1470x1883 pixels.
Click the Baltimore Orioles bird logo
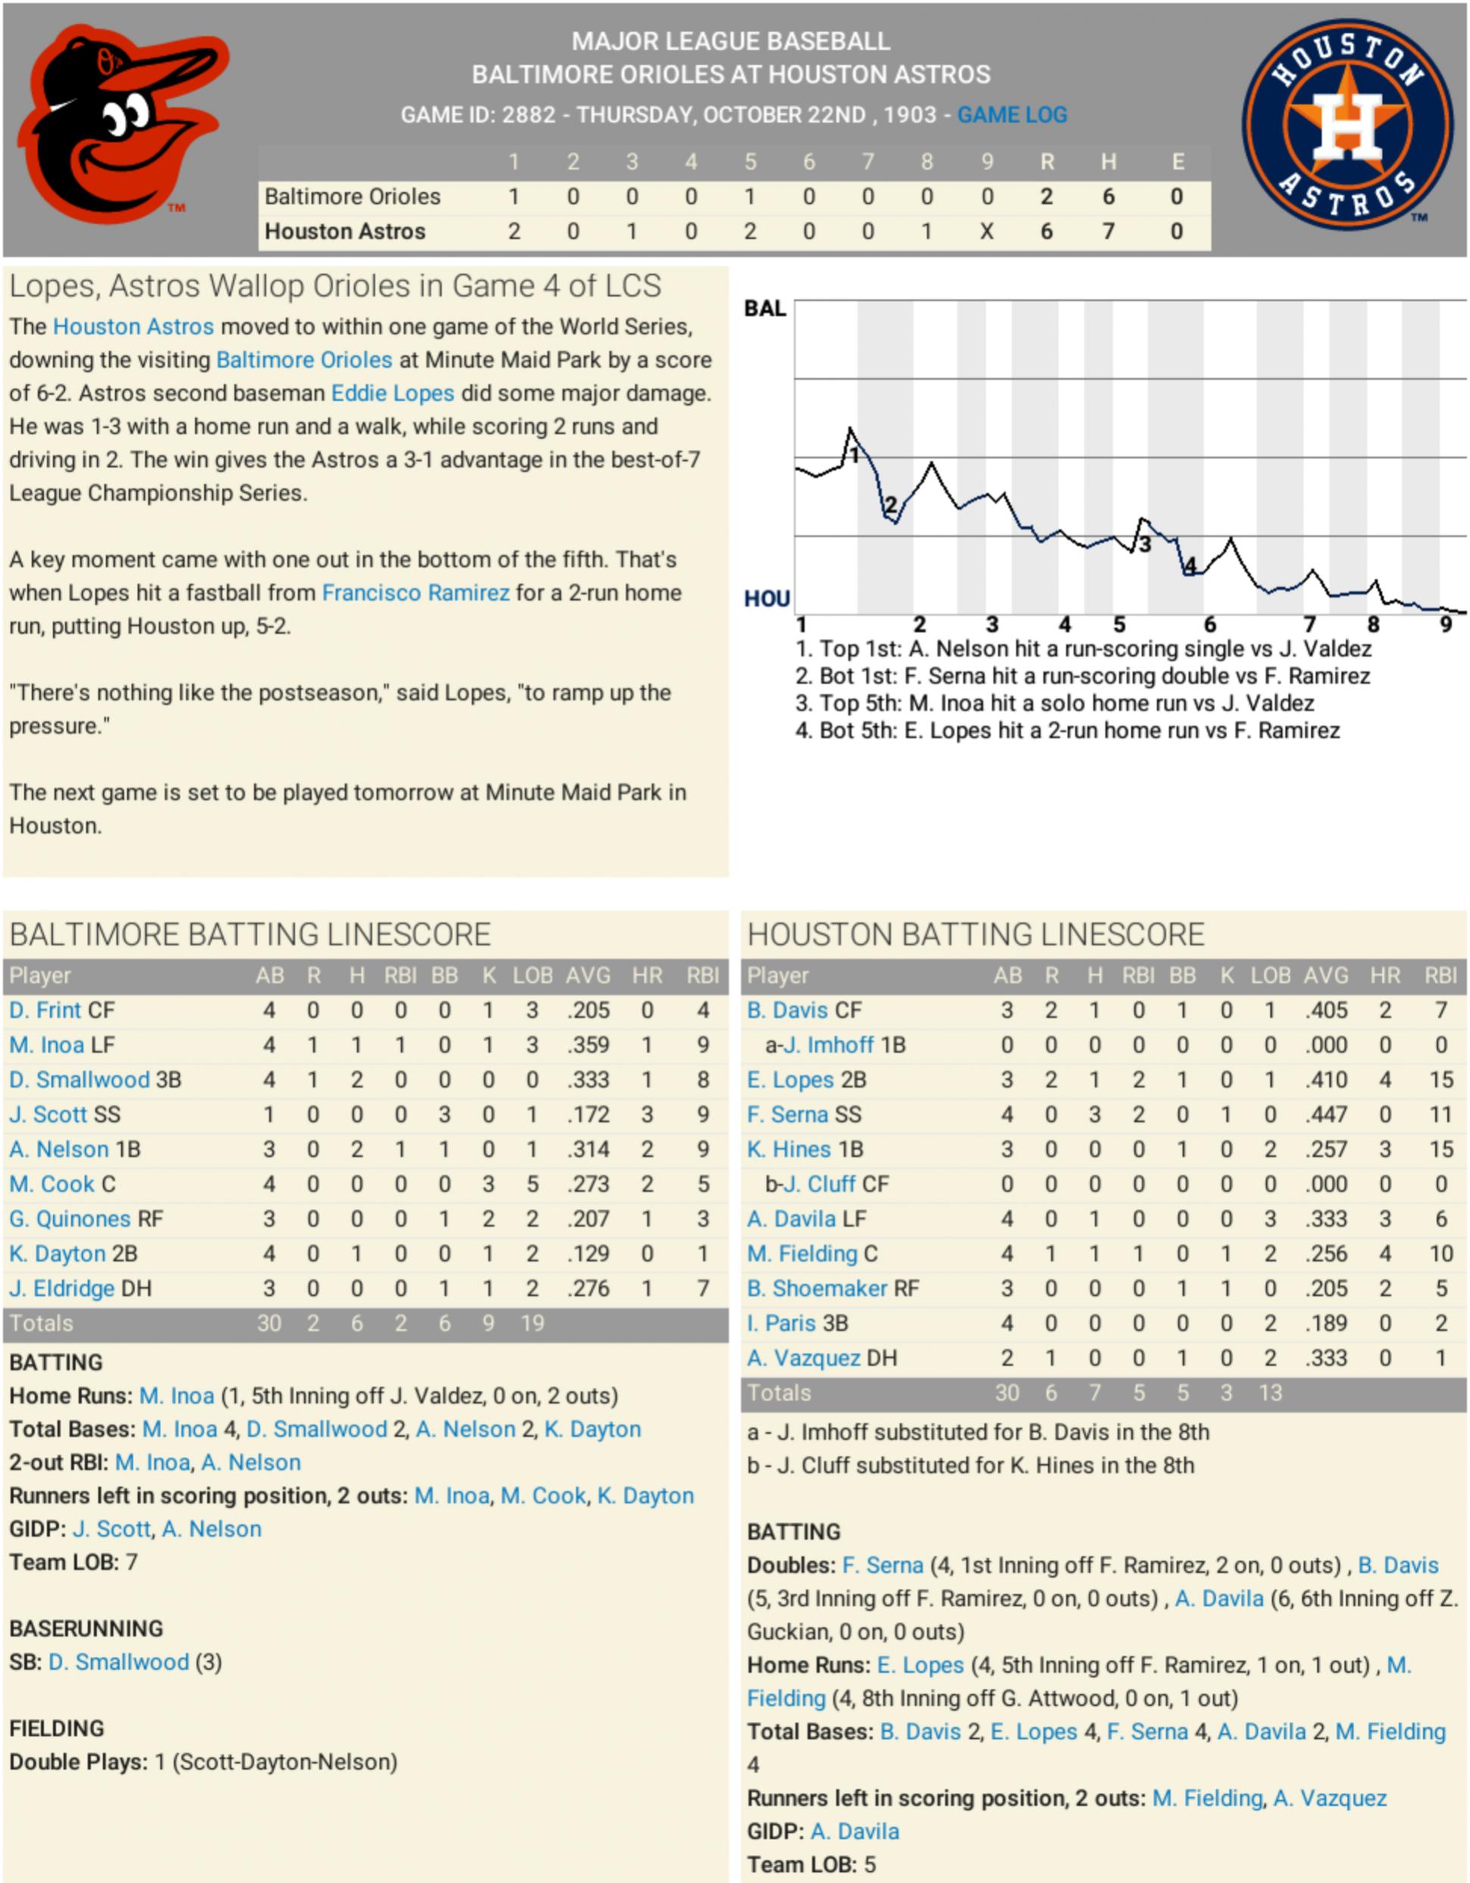tap(121, 125)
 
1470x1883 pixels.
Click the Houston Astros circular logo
tap(1348, 125)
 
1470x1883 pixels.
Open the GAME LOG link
tap(1012, 115)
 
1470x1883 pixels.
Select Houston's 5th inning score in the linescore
tap(750, 231)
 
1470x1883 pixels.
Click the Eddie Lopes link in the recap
tap(393, 393)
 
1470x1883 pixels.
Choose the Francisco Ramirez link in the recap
tap(415, 592)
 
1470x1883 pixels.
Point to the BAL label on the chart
tap(765, 309)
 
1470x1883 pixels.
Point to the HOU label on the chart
tap(766, 598)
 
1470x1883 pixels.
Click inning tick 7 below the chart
tap(1310, 624)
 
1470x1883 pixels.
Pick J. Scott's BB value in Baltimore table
tap(444, 1114)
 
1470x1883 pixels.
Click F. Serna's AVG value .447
tap(1325, 1114)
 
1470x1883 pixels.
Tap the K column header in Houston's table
tap(1226, 975)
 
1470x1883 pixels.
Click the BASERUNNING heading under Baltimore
tap(86, 1629)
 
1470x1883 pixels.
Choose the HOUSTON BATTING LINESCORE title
tap(975, 934)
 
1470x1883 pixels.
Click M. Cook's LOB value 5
tap(532, 1184)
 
